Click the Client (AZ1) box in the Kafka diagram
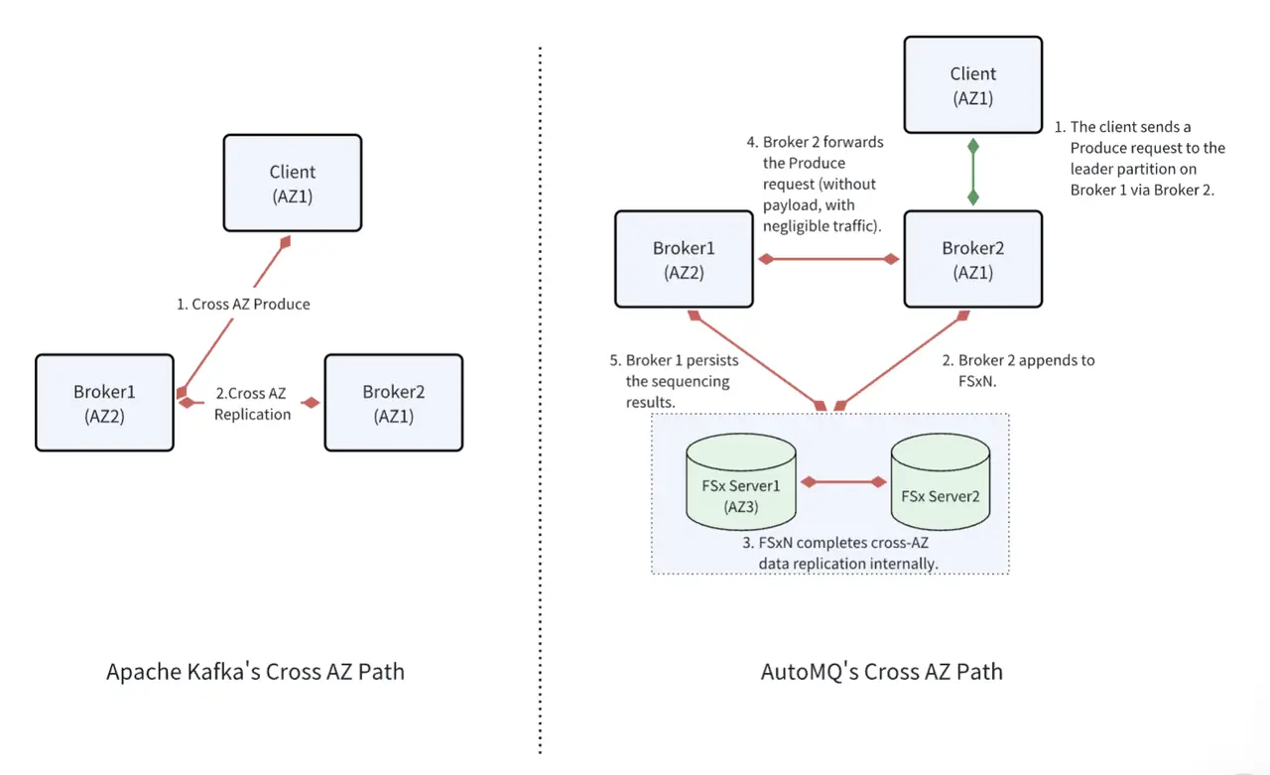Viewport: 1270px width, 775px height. [x=292, y=185]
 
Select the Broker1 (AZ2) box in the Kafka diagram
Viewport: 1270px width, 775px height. [x=104, y=403]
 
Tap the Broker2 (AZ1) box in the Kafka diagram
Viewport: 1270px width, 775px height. [x=393, y=403]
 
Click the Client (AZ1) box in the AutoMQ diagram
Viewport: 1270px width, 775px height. [x=972, y=85]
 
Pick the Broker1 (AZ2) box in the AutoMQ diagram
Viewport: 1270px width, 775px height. [x=684, y=259]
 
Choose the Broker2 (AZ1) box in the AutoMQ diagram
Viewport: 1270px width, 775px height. [x=972, y=259]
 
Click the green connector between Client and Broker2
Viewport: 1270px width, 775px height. [x=973, y=172]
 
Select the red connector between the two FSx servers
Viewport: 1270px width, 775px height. [x=843, y=482]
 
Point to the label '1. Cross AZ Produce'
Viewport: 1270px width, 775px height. [x=243, y=305]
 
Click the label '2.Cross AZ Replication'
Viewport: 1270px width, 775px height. [x=252, y=404]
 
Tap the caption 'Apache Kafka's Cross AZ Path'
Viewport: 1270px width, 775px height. [x=255, y=672]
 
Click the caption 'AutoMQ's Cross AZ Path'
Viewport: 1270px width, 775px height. [x=881, y=672]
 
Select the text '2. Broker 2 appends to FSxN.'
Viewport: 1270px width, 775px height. [x=1017, y=371]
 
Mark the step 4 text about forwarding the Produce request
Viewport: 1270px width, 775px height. [x=815, y=184]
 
